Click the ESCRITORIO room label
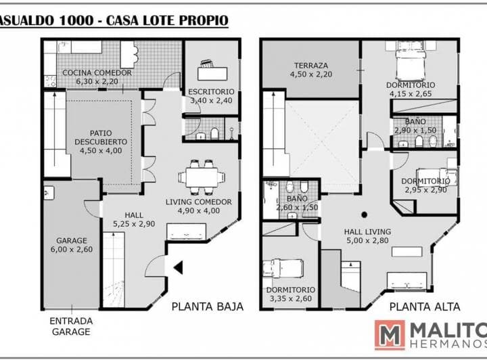click(x=211, y=91)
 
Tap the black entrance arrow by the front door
click(x=179, y=267)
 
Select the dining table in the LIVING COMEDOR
click(x=202, y=177)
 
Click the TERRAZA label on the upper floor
click(x=311, y=66)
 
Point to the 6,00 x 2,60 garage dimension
click(x=72, y=249)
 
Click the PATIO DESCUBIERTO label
click(x=101, y=137)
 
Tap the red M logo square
click(x=390, y=335)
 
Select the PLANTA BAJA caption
click(x=208, y=307)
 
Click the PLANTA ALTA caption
click(x=425, y=307)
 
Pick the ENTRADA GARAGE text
click(x=71, y=326)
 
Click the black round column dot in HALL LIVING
click(x=365, y=215)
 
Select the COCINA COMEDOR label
click(x=97, y=72)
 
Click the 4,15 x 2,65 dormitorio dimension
click(x=411, y=93)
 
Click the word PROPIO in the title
click(x=204, y=20)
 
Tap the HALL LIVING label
click(x=367, y=231)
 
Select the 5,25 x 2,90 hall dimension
click(x=134, y=223)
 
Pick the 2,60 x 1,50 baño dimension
click(x=297, y=207)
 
